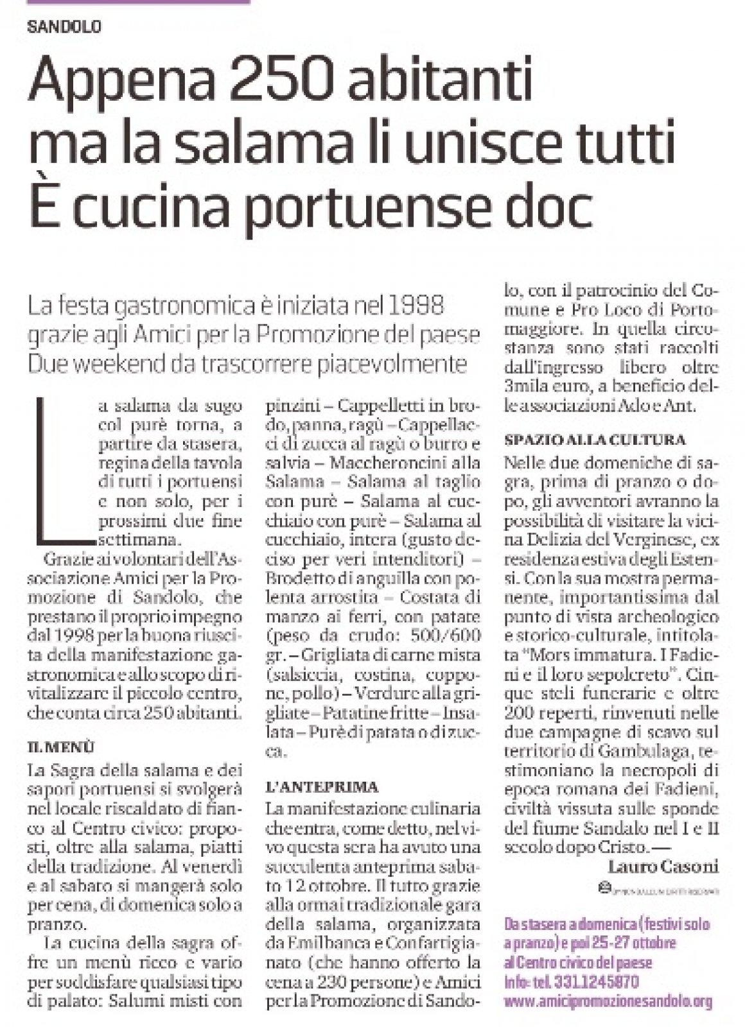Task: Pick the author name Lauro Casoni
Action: pyautogui.click(x=662, y=867)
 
